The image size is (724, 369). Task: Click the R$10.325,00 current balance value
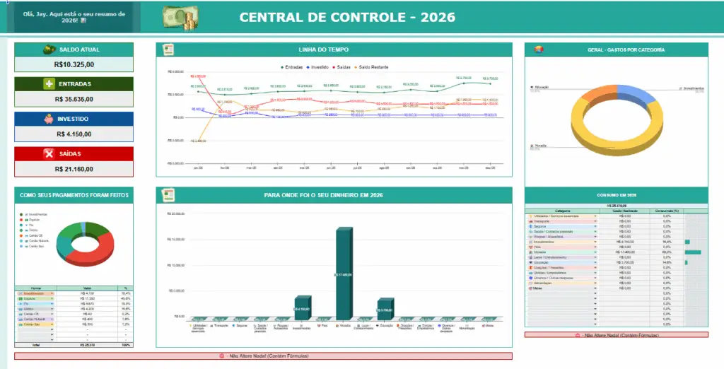(74, 64)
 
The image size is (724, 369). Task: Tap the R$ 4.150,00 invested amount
(74, 134)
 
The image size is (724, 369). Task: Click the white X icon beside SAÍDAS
(49, 153)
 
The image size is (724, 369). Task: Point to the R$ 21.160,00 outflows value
(74, 169)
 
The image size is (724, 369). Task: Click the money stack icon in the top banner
(181, 17)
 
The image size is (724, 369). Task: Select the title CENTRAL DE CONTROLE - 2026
(347, 17)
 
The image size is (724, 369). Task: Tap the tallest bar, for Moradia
(344, 272)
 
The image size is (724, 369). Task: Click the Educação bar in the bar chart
(385, 307)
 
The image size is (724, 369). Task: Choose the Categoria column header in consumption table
(562, 210)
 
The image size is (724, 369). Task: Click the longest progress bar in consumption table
(693, 252)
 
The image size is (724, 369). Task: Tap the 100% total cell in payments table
(126, 344)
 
